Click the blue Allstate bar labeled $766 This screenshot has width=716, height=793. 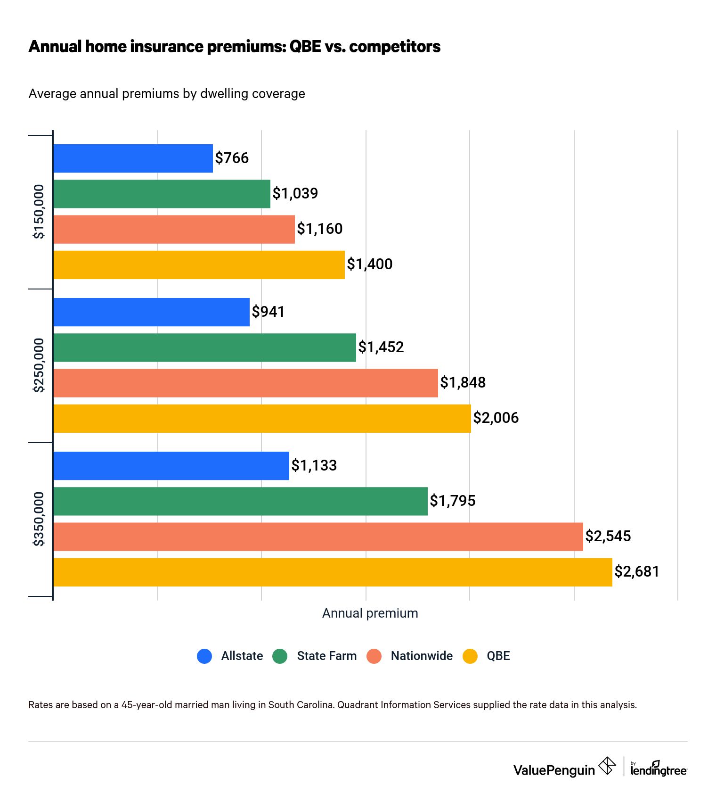(x=133, y=158)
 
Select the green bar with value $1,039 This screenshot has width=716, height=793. (x=162, y=194)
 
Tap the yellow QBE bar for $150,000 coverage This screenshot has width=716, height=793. (x=199, y=265)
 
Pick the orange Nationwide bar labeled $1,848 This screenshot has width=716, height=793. (x=245, y=383)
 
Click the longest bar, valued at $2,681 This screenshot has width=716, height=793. (x=333, y=572)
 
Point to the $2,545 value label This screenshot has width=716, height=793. (x=608, y=536)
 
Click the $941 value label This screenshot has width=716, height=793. (x=268, y=312)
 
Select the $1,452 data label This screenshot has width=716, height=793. (x=381, y=347)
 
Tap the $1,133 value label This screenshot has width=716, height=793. (x=314, y=465)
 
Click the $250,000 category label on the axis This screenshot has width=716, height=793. (x=39, y=365)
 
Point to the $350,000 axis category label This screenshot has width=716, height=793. (x=39, y=519)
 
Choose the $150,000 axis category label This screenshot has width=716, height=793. (x=39, y=212)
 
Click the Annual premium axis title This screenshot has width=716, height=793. (x=370, y=613)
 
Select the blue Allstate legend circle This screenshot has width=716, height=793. (x=204, y=656)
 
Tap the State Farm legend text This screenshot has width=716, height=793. (x=326, y=656)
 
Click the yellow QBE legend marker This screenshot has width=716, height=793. (x=470, y=656)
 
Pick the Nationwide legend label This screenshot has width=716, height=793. (x=421, y=656)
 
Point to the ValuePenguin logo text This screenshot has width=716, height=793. (x=554, y=770)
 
